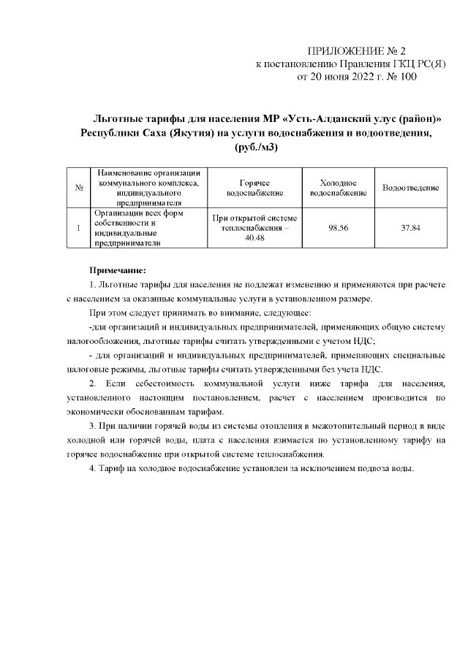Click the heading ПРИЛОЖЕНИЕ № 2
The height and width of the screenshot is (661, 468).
point(358,51)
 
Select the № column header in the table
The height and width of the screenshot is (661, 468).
point(78,188)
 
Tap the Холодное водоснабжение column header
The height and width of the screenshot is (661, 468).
point(338,188)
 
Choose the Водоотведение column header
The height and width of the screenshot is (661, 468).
point(410,188)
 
